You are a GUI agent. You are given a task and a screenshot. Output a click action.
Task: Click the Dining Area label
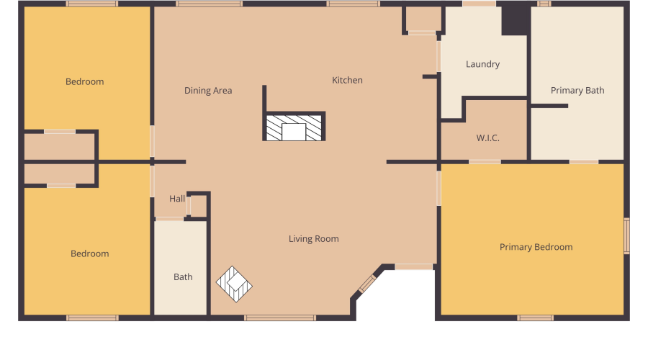tap(208, 91)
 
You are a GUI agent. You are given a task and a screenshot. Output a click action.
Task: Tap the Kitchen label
tap(347, 80)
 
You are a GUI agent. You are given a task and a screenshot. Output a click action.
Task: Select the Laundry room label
tap(482, 64)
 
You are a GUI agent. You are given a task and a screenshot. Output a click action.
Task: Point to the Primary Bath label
tap(577, 91)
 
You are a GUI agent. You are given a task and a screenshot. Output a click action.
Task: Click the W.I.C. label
tap(488, 138)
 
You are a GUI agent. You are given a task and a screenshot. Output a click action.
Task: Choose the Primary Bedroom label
tap(536, 247)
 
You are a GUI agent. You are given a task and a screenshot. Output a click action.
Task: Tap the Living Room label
tap(313, 239)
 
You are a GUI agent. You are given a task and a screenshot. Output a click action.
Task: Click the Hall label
tap(177, 199)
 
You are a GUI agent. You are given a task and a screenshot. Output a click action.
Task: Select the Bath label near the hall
tap(183, 277)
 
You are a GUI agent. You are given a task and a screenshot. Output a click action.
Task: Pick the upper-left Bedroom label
tap(85, 81)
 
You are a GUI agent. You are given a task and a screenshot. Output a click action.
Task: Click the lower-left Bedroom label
tap(90, 253)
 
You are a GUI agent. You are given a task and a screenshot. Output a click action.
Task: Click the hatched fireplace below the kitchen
tap(294, 127)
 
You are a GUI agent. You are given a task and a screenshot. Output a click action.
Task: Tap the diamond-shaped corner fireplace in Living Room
tap(235, 284)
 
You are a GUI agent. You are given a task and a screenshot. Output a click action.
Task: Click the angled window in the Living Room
tap(367, 284)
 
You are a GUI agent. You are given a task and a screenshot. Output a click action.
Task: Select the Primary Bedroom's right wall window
tap(626, 236)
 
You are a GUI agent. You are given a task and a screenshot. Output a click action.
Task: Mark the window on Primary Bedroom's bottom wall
tap(535, 318)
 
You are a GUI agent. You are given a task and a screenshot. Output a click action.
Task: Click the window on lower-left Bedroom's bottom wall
tap(92, 318)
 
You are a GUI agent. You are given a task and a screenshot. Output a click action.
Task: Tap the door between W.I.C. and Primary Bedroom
tap(485, 162)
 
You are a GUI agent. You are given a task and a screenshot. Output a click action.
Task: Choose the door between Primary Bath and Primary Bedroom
tap(583, 162)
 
